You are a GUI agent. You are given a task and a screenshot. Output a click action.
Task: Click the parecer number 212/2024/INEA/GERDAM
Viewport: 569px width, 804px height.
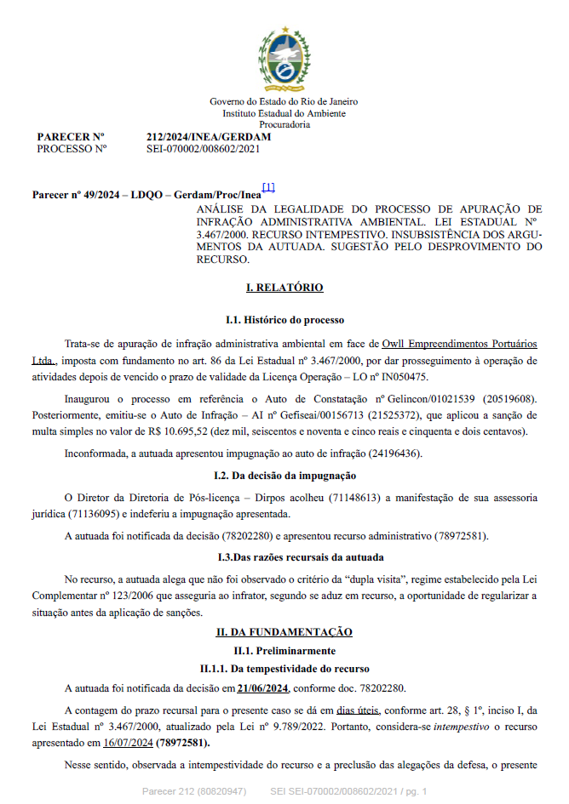(209, 136)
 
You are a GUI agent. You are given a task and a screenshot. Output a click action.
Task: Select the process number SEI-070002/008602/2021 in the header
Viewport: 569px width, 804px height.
(203, 148)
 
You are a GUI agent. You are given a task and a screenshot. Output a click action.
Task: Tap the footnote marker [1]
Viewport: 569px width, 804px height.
(268, 187)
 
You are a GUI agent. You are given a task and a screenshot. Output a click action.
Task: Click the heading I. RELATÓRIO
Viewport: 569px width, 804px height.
(284, 288)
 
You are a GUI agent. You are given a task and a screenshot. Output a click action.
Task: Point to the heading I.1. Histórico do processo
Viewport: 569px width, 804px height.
(284, 320)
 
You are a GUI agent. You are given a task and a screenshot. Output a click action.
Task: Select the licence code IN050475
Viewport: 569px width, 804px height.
(403, 375)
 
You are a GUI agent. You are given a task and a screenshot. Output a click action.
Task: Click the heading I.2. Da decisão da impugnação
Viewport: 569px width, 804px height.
(284, 475)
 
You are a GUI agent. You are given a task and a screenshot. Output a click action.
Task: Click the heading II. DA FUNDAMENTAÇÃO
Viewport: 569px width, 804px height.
(284, 632)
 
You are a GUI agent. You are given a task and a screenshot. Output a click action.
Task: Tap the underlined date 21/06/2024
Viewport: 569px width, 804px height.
(264, 687)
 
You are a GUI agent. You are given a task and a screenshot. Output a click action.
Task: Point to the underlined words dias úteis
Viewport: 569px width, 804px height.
(358, 710)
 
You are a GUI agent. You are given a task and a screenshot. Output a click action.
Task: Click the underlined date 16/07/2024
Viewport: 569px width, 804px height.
(127, 742)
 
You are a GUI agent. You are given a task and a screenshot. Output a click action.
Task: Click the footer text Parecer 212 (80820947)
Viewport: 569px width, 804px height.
(194, 792)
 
